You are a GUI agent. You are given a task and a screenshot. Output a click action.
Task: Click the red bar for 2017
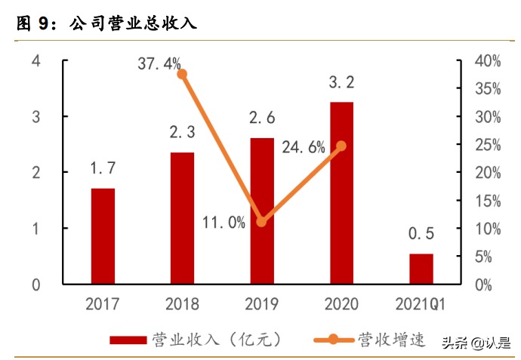(x=103, y=236)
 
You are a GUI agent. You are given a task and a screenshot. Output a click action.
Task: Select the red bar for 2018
(x=182, y=218)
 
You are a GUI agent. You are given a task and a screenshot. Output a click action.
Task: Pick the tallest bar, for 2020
(x=341, y=193)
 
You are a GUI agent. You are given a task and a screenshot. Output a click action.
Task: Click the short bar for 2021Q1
(x=421, y=269)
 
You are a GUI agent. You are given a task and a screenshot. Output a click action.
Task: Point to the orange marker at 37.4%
(x=182, y=74)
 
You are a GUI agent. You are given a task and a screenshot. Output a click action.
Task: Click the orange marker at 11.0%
(x=262, y=222)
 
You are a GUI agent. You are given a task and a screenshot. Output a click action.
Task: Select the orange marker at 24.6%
(x=341, y=146)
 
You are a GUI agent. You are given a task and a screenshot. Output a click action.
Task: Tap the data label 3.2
(x=341, y=82)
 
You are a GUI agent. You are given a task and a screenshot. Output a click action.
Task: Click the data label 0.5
(x=421, y=234)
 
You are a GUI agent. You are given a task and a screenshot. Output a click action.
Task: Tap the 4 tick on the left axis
(x=35, y=61)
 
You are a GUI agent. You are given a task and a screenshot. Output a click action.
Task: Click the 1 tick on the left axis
(x=35, y=229)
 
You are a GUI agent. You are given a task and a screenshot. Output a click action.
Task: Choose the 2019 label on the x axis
(x=262, y=305)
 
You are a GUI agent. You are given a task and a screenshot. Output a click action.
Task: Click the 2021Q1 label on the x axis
(x=421, y=305)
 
